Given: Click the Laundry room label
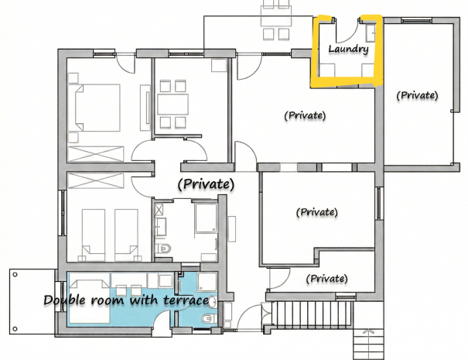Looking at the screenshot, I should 347,49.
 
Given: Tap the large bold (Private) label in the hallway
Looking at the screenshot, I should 206,184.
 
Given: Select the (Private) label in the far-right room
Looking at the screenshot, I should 417,95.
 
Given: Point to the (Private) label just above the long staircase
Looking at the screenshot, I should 326,278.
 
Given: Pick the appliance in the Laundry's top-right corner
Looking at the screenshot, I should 371,33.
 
